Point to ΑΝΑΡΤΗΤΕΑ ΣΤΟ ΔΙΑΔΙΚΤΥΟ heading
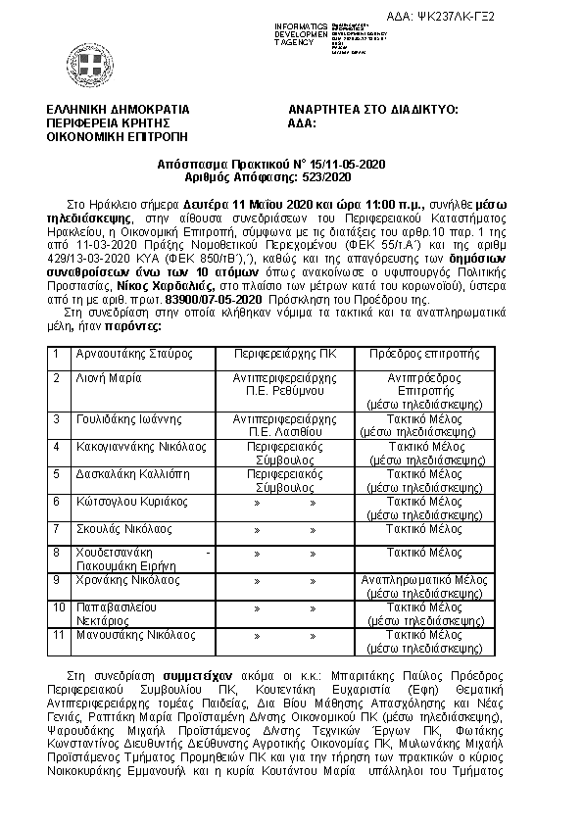pos(372,111)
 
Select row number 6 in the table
pos(58,501)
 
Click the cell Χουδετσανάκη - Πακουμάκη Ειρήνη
pos(142,558)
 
